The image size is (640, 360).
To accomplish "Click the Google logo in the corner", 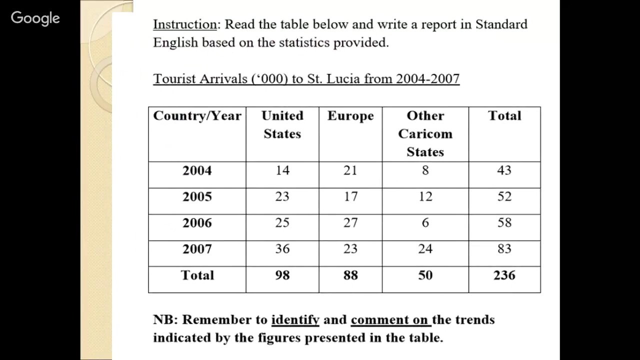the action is pyautogui.click(x=35, y=18).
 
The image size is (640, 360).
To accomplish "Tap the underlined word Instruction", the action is pyautogui.click(x=184, y=24).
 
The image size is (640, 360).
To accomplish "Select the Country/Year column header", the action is pyautogui.click(x=197, y=116).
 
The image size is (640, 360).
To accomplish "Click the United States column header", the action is pyautogui.click(x=282, y=124).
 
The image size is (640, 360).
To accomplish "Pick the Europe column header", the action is pyautogui.click(x=350, y=116).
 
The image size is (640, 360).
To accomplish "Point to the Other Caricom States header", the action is pyautogui.click(x=425, y=133).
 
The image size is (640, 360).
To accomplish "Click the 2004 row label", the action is pyautogui.click(x=197, y=170).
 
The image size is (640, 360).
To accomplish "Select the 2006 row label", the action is pyautogui.click(x=197, y=223).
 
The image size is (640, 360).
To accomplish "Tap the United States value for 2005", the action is pyautogui.click(x=282, y=196).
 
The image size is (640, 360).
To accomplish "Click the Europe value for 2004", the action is pyautogui.click(x=350, y=170).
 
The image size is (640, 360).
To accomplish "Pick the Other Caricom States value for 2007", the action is pyautogui.click(x=425, y=249).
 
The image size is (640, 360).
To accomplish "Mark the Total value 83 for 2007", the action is pyautogui.click(x=504, y=249).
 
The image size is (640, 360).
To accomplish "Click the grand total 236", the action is pyautogui.click(x=504, y=275).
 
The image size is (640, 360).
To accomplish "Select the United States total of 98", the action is pyautogui.click(x=282, y=275).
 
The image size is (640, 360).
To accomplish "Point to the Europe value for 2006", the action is pyautogui.click(x=350, y=223).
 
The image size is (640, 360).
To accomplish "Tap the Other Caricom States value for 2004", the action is pyautogui.click(x=425, y=170).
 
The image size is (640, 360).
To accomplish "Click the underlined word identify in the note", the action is pyautogui.click(x=295, y=320).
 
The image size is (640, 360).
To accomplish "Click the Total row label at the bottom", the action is pyautogui.click(x=197, y=275).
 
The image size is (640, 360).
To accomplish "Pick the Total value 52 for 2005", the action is pyautogui.click(x=504, y=196).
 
